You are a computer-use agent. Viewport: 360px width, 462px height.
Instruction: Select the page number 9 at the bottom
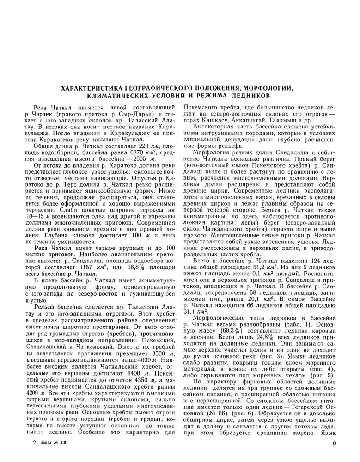pyautogui.click(x=333, y=444)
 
